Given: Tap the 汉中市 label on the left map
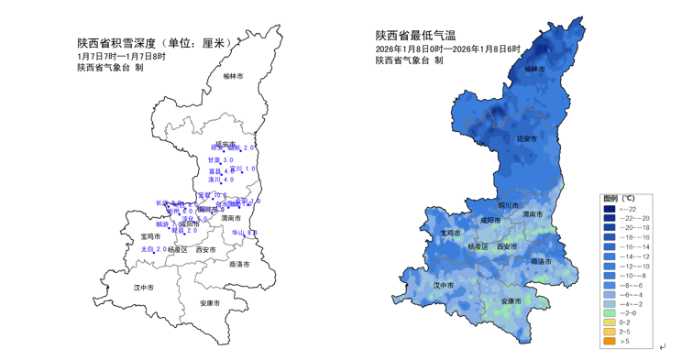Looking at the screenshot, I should (143, 287).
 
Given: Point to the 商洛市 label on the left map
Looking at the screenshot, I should (240, 264).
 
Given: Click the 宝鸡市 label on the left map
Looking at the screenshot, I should (138, 236).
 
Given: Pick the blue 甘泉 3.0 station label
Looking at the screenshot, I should (220, 159).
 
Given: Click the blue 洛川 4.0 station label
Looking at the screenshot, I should (221, 180).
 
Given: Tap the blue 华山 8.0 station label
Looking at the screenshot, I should (244, 233).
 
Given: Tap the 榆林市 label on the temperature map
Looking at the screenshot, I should (534, 69).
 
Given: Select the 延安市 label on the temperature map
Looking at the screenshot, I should (526, 138).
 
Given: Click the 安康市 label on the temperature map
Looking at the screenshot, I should (511, 301).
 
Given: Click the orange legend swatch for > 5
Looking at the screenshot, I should (610, 342).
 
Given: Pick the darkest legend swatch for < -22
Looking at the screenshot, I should (610, 209).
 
